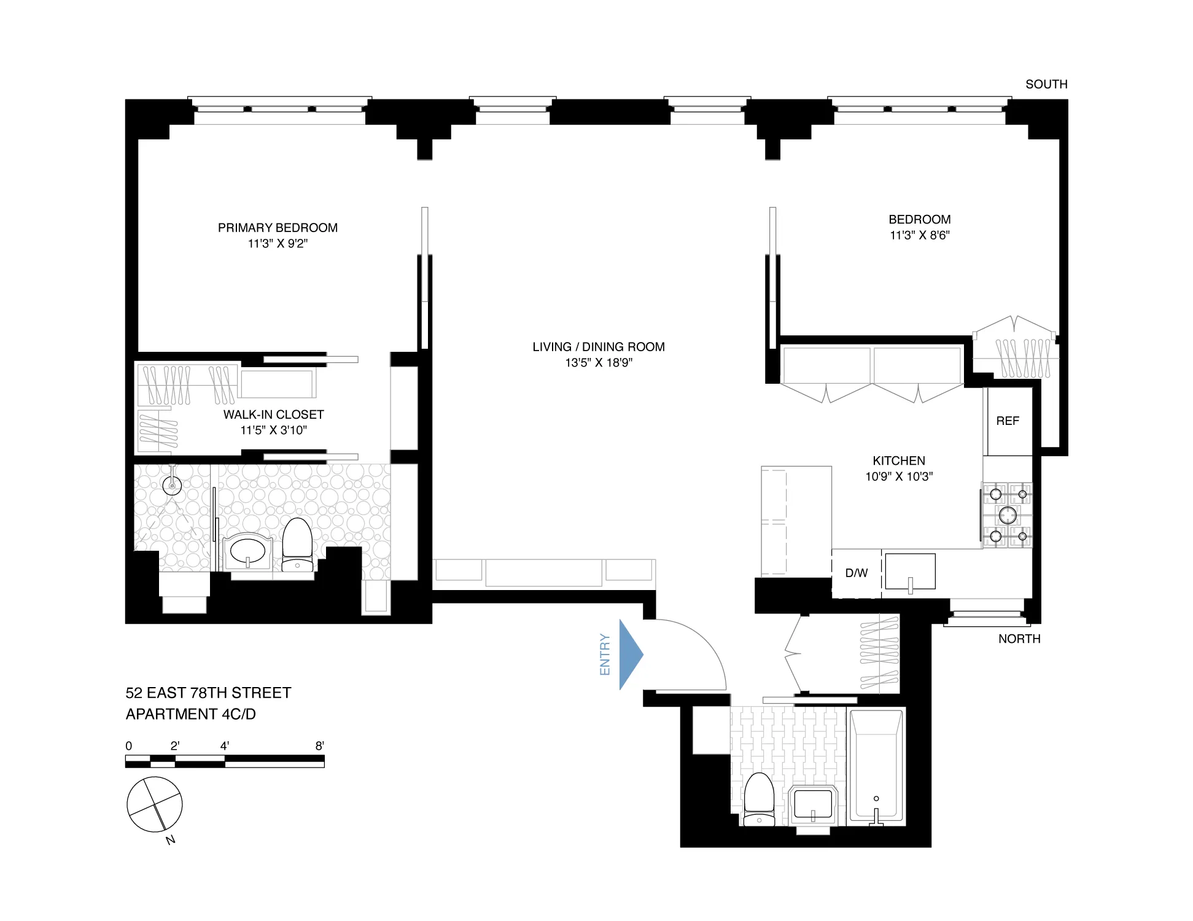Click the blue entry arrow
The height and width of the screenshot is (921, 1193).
(629, 655)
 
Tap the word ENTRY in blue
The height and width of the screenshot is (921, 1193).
(605, 655)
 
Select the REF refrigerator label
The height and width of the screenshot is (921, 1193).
(1007, 421)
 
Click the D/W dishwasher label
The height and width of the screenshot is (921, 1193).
(856, 573)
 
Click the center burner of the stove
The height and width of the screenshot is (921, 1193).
(1007, 515)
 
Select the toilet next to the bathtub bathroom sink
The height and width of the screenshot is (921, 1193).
(759, 798)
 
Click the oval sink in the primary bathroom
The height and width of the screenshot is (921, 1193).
(247, 551)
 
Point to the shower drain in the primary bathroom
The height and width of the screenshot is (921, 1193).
(172, 486)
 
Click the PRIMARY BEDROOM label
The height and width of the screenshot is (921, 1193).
(278, 228)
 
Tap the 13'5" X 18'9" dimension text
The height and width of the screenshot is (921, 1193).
(599, 363)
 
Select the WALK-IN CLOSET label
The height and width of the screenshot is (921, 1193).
(273, 414)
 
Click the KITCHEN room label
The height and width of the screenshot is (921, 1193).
(898, 460)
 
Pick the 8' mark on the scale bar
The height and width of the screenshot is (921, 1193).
(320, 746)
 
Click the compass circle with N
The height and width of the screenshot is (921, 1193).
(155, 804)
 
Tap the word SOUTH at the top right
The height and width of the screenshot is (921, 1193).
(1046, 84)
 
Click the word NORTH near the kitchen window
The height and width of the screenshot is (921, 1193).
(1019, 639)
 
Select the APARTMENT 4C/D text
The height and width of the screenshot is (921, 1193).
(190, 714)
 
